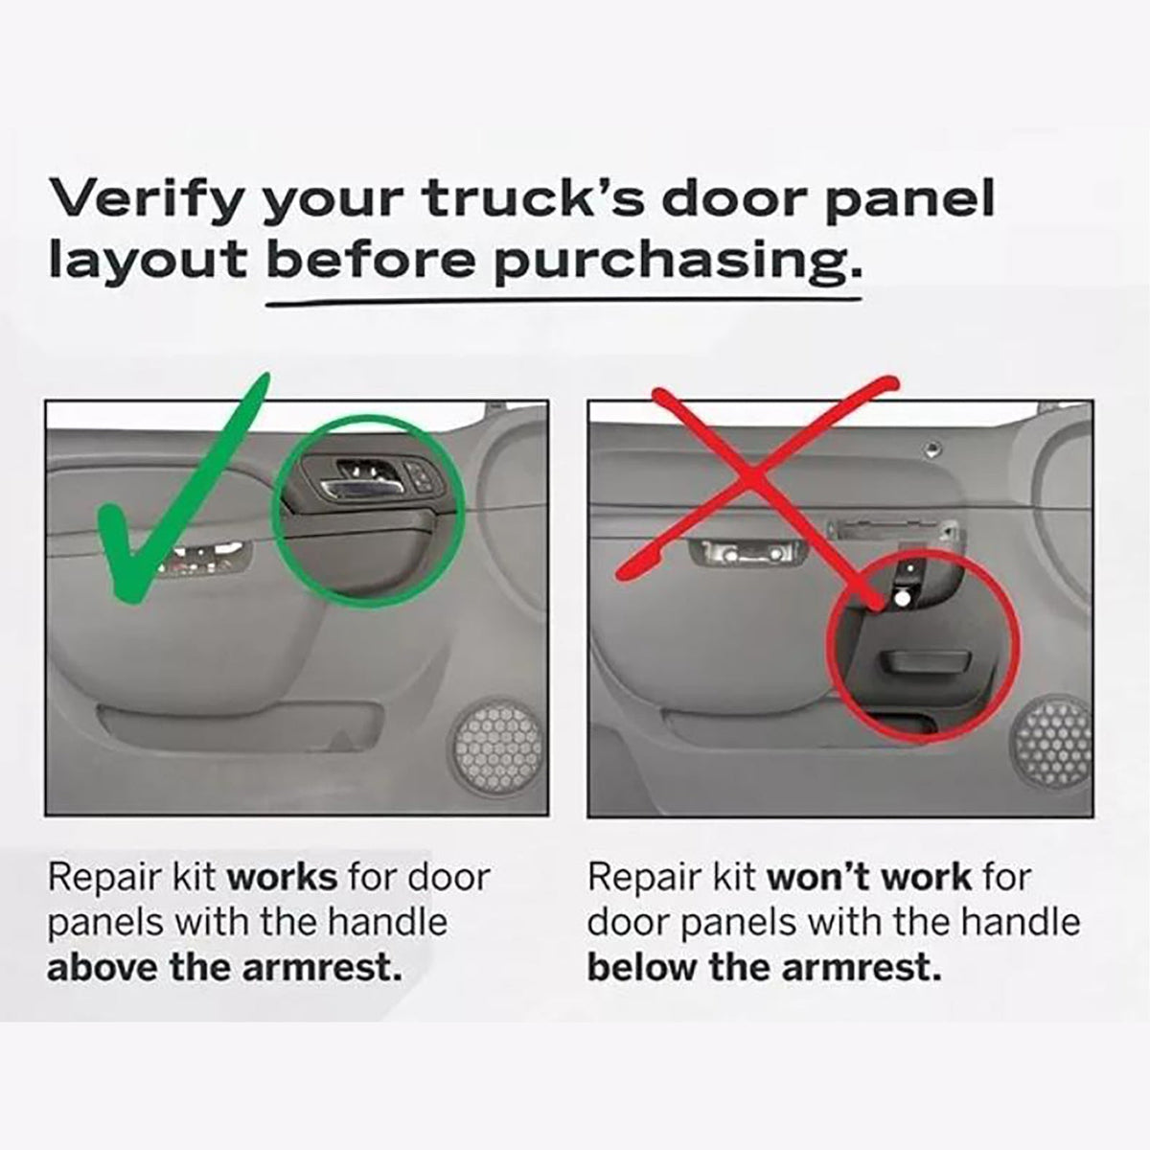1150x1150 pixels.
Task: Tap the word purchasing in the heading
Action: click(x=677, y=263)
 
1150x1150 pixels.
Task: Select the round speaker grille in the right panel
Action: click(x=1052, y=740)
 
